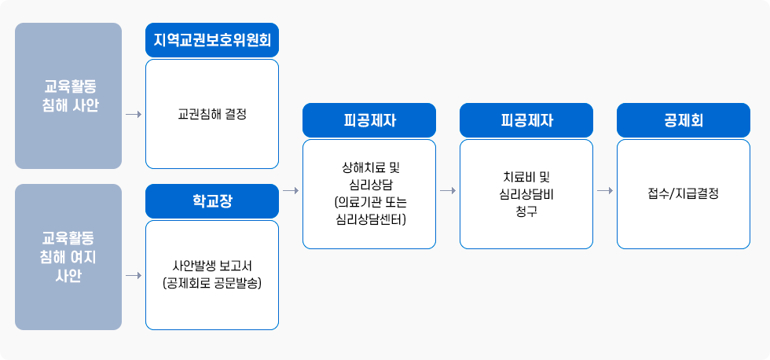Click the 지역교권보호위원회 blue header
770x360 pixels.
(212, 39)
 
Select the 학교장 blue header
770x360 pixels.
(212, 201)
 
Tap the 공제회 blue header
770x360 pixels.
(683, 120)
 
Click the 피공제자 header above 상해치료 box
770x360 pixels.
(369, 120)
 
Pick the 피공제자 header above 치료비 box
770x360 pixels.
(526, 120)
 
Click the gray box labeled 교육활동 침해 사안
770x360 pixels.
(68, 96)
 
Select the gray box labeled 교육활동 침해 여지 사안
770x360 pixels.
(68, 257)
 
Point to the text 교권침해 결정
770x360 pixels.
(212, 114)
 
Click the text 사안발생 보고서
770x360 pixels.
(212, 265)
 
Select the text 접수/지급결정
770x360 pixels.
(683, 193)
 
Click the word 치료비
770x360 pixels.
(516, 176)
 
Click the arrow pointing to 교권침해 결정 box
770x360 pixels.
(133, 115)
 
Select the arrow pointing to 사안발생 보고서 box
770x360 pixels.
(133, 275)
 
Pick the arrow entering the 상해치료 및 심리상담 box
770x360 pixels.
(291, 191)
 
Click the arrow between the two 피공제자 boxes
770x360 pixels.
(448, 191)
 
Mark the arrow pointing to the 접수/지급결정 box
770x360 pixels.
(605, 191)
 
